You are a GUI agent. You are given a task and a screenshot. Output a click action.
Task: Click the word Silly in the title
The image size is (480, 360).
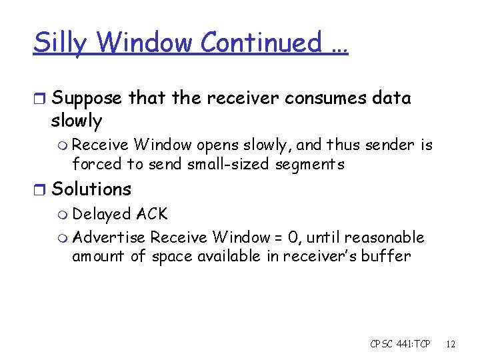(61, 43)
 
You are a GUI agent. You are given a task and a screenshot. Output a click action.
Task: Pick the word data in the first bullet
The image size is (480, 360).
(393, 98)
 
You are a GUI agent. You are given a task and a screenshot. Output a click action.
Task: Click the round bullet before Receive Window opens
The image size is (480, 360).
(63, 145)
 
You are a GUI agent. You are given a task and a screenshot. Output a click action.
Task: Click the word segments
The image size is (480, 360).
(308, 163)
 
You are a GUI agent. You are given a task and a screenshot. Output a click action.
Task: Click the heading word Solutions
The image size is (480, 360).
(91, 189)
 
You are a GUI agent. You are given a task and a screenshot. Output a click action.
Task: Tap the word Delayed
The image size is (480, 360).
(101, 215)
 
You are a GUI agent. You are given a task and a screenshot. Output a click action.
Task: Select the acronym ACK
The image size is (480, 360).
(152, 214)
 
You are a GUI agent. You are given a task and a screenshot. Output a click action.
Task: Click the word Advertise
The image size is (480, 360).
(109, 237)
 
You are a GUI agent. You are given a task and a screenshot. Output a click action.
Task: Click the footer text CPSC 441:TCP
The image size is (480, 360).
(400, 344)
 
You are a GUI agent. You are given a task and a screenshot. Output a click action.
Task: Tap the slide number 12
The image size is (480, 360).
(451, 344)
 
